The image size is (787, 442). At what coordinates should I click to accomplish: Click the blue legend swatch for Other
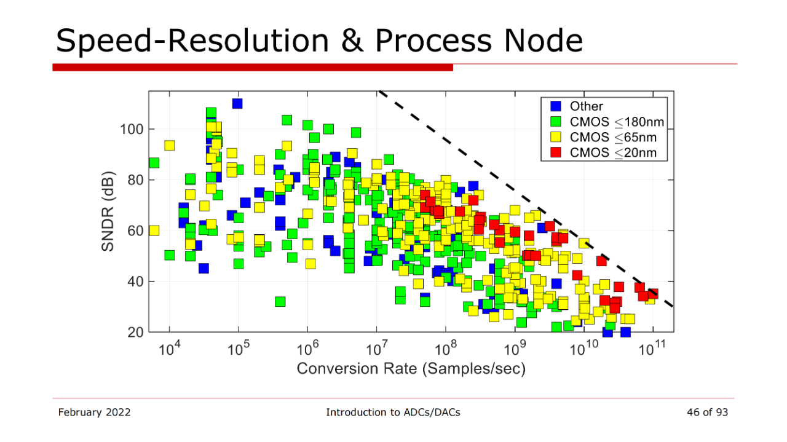click(556, 106)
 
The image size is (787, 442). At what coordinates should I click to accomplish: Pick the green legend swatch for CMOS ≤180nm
click(556, 122)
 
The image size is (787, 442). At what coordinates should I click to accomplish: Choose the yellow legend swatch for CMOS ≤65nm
click(556, 137)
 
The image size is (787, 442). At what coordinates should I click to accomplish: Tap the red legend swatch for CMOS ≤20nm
click(556, 152)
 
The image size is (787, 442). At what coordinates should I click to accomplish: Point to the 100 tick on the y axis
click(132, 129)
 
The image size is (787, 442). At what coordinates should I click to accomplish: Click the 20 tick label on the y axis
click(136, 332)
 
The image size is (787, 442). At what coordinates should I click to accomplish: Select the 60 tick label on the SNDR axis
click(136, 231)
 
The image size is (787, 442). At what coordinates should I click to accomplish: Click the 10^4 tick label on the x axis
click(169, 349)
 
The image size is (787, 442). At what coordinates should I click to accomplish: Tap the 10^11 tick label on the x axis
click(652, 349)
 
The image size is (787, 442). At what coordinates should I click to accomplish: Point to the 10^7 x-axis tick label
click(377, 349)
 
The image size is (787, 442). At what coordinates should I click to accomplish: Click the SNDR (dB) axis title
click(108, 211)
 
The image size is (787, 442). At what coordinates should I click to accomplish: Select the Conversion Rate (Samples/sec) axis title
click(411, 369)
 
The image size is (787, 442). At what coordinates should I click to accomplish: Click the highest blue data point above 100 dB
click(237, 104)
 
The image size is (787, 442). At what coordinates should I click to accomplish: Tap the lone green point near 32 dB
click(280, 301)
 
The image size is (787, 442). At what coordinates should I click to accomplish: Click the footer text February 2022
click(94, 412)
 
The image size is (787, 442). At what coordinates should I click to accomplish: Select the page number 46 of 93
click(707, 412)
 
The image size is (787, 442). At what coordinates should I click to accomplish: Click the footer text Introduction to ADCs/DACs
click(393, 412)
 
